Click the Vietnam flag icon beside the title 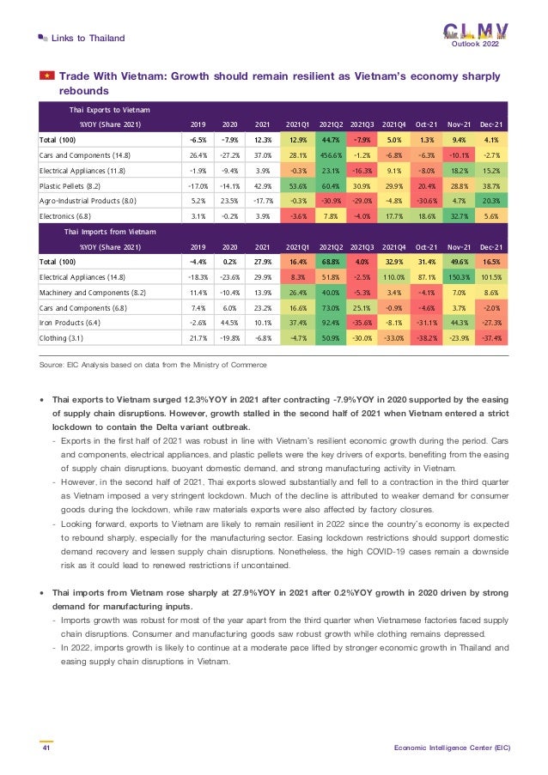(x=46, y=77)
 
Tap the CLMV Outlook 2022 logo (x=475, y=35)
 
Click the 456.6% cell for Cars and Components (x=333, y=155)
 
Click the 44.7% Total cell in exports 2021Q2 (x=333, y=140)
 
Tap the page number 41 (x=46, y=748)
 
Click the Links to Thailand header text (x=88, y=38)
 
